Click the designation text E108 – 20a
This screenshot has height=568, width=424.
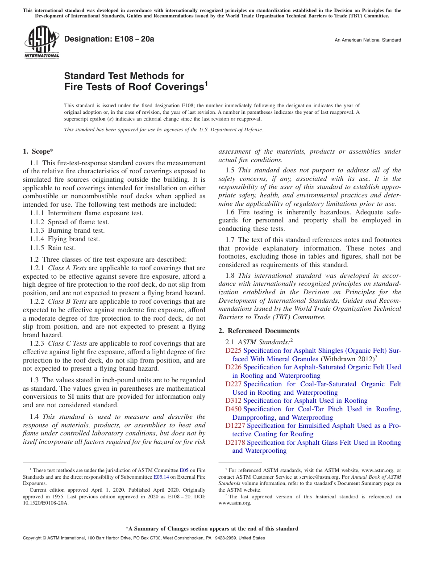pyautogui.click(x=109, y=39)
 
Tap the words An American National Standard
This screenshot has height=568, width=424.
pyautogui.click(x=368, y=40)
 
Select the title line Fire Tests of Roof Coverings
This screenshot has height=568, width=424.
pyautogui.click(x=136, y=87)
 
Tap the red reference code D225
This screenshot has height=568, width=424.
pyautogui.click(x=233, y=351)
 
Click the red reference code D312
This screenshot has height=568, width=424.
pyautogui.click(x=233, y=401)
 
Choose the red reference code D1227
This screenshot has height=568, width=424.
pyautogui.click(x=235, y=426)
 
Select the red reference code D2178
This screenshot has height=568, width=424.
pyautogui.click(x=235, y=443)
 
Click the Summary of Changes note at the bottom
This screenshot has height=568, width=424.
pyautogui.click(x=212, y=529)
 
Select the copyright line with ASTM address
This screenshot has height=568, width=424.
pyautogui.click(x=144, y=538)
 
